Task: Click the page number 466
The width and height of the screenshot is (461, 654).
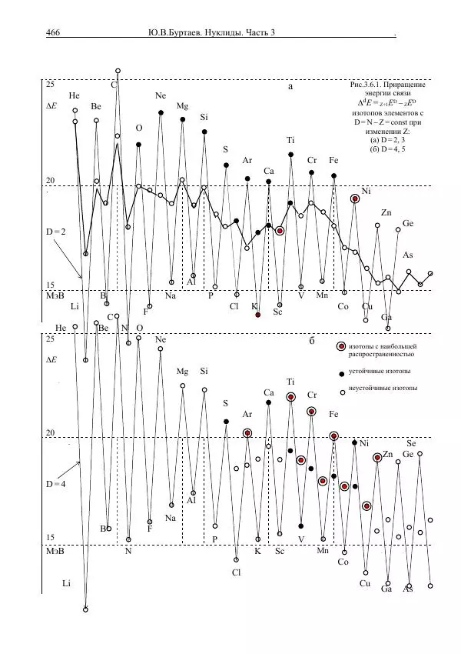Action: pyautogui.click(x=53, y=32)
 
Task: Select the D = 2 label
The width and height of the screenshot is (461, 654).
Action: pyautogui.click(x=59, y=231)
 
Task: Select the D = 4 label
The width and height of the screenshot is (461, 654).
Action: pyautogui.click(x=59, y=484)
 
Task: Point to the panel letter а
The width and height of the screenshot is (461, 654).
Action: pyautogui.click(x=290, y=87)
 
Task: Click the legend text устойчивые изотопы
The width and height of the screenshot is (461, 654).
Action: pyautogui.click(x=380, y=372)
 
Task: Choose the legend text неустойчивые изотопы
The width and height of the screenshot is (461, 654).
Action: pyautogui.click(x=383, y=389)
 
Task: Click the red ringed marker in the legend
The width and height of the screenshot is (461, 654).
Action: pyautogui.click(x=341, y=348)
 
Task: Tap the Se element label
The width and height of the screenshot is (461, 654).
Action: pyautogui.click(x=411, y=443)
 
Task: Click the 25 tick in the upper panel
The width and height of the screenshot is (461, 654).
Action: pyautogui.click(x=51, y=83)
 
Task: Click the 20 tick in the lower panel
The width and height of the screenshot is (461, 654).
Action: pyautogui.click(x=51, y=434)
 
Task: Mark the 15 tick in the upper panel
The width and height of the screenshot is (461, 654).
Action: pyautogui.click(x=51, y=285)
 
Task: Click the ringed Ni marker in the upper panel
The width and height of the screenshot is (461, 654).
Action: pyautogui.click(x=355, y=199)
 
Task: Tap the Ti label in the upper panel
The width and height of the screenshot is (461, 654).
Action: pyautogui.click(x=291, y=141)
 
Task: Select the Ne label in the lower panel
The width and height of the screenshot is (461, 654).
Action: pyautogui.click(x=161, y=339)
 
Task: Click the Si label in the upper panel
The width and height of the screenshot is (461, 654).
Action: pyautogui.click(x=204, y=118)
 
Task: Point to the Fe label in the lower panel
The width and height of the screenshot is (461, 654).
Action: pyautogui.click(x=333, y=414)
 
